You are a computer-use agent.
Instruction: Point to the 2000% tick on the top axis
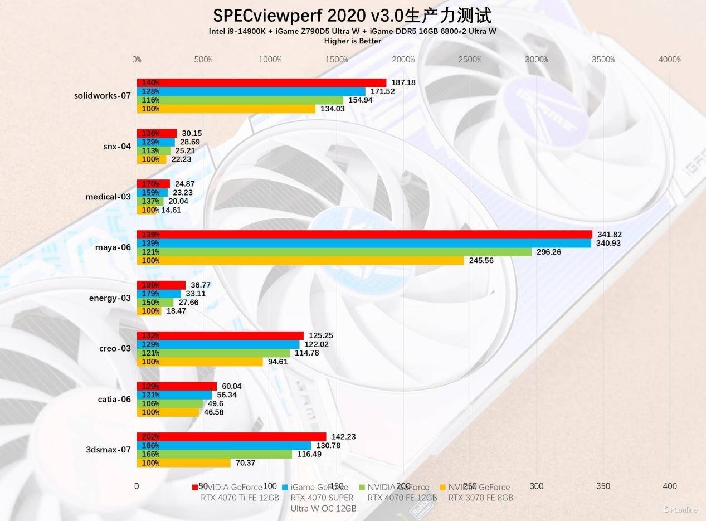[403, 60]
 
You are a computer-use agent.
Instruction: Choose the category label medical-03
[108, 197]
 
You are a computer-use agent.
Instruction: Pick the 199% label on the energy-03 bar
[150, 285]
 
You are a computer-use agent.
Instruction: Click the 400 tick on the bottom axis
[670, 486]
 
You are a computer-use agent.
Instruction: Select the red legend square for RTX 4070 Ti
[195, 488]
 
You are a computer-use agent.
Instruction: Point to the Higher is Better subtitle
[353, 41]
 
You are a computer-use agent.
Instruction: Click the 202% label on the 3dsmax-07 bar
[150, 437]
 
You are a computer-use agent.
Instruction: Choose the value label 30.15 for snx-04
[192, 133]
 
